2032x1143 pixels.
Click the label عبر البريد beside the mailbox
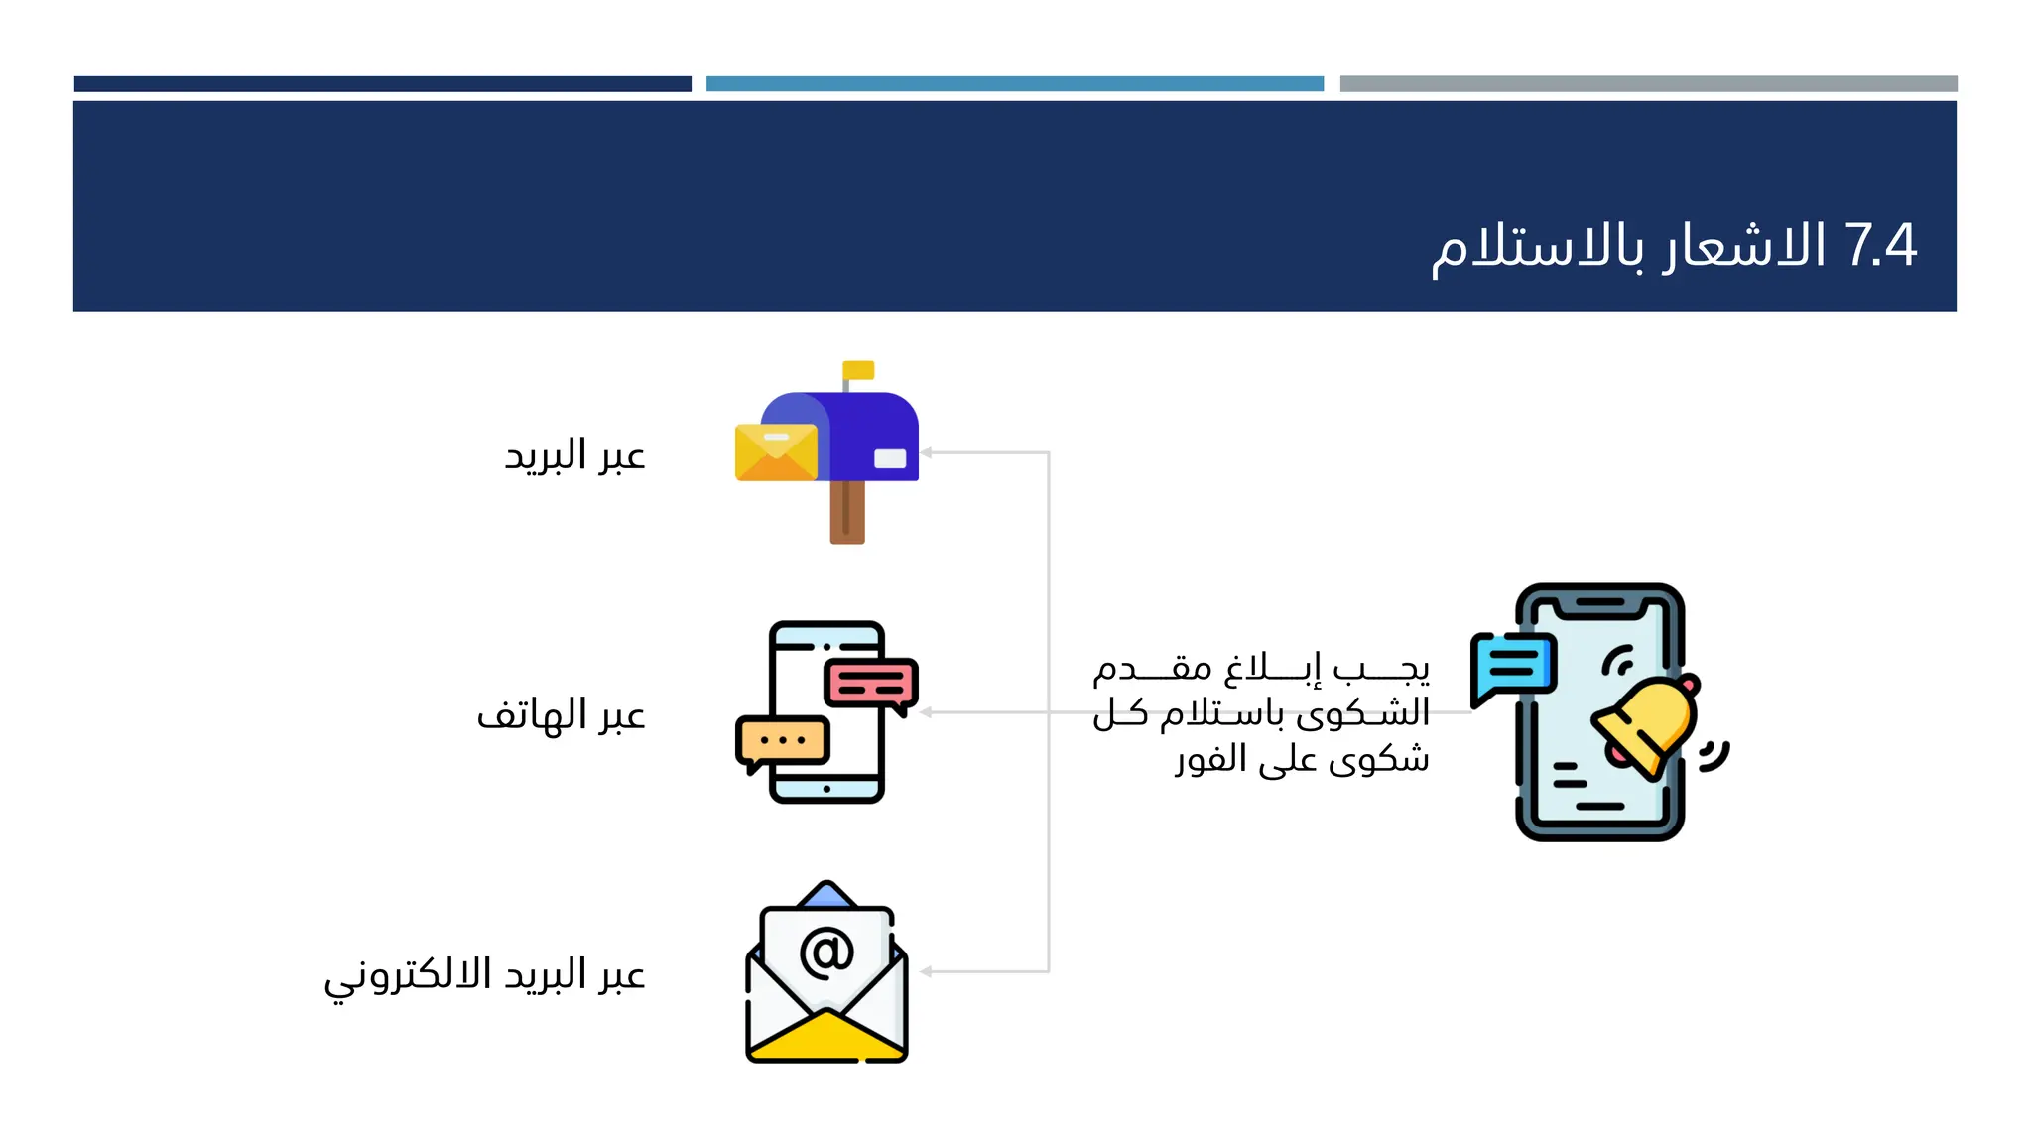click(574, 455)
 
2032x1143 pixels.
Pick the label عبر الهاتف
click(561, 714)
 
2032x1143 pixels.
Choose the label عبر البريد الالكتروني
click(484, 974)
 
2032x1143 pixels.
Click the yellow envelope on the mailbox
click(776, 452)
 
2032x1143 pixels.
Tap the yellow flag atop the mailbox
click(858, 370)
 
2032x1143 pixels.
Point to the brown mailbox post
click(847, 511)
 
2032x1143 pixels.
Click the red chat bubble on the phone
click(870, 682)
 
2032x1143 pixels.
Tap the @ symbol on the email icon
click(826, 952)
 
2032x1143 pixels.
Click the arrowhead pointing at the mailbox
click(926, 452)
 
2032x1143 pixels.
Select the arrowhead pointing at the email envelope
click(926, 971)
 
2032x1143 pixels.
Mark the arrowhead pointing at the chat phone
click(926, 712)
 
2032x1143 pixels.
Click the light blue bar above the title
click(1014, 84)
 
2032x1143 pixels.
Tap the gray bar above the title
click(1648, 84)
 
